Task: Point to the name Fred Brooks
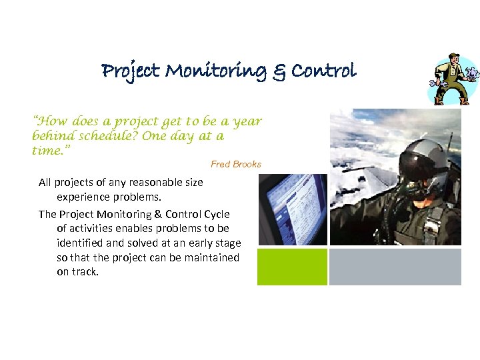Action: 236,164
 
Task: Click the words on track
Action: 77,272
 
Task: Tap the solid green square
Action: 293,267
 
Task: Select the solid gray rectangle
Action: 395,267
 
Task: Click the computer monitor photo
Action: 292,210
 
